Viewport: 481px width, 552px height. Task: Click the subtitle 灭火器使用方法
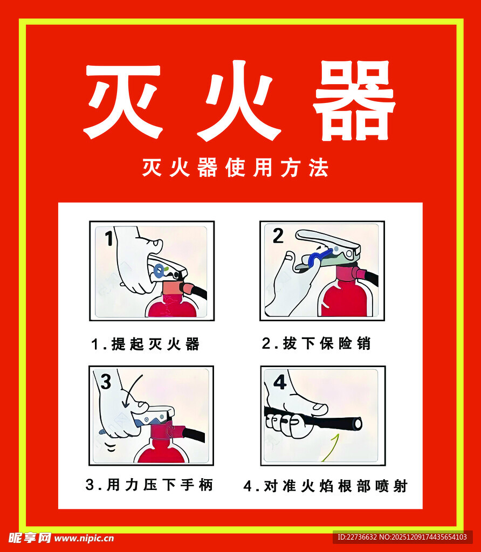pyautogui.click(x=235, y=168)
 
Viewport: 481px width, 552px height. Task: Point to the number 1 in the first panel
pyautogui.click(x=108, y=238)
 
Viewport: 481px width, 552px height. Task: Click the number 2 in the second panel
pyautogui.click(x=278, y=236)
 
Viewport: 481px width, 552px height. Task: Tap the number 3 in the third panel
pyautogui.click(x=106, y=382)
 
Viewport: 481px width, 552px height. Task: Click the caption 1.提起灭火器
pyautogui.click(x=145, y=344)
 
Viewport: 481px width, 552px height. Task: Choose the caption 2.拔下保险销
pyautogui.click(x=317, y=343)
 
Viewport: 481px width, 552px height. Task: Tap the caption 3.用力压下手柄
pyautogui.click(x=149, y=485)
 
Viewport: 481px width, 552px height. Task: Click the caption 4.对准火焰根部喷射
pyautogui.click(x=325, y=486)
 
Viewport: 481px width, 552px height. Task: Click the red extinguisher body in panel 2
pyautogui.click(x=345, y=299)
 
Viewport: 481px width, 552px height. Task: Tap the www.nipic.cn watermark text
pyautogui.click(x=84, y=537)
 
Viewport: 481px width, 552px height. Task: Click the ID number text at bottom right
pyautogui.click(x=402, y=537)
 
